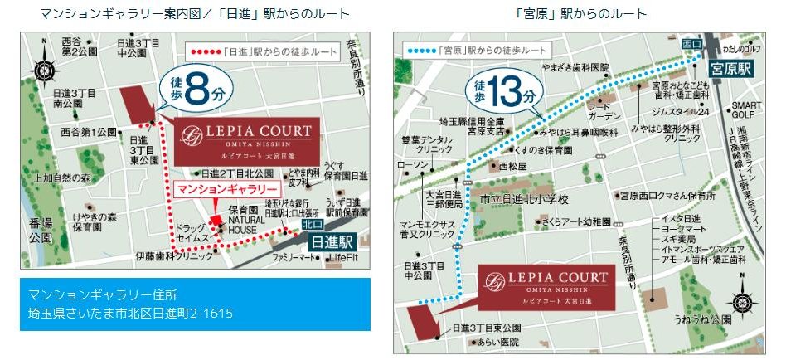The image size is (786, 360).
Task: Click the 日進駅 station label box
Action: tap(332, 242)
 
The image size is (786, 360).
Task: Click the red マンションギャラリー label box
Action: tap(216, 189)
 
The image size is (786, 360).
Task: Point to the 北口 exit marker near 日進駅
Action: tap(312, 224)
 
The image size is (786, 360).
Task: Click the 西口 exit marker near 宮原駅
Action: tap(691, 41)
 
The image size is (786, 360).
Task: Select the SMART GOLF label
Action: tap(745, 110)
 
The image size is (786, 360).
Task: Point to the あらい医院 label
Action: tap(497, 342)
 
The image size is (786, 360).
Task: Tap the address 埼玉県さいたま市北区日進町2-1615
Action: tap(130, 314)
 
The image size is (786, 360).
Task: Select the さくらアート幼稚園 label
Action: tap(575, 223)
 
